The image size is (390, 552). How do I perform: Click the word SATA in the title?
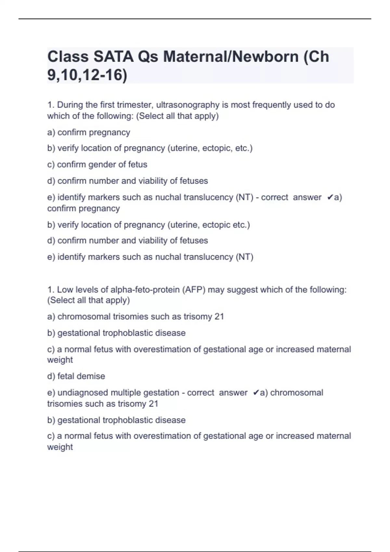(113, 56)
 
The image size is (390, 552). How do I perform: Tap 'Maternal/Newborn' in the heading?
(231, 56)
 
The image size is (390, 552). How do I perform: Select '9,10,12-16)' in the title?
(87, 75)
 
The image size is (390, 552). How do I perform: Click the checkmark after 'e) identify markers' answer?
(330, 197)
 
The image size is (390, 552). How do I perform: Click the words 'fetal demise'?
(81, 376)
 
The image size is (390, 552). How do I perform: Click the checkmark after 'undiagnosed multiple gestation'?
(256, 393)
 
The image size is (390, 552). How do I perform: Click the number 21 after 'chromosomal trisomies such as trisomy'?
(219, 317)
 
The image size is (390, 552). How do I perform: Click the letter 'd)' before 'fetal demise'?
(51, 376)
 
